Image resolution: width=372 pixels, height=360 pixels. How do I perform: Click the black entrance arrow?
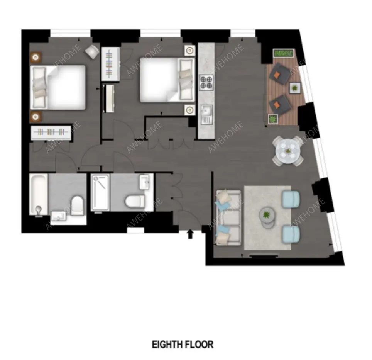[x=190, y=234]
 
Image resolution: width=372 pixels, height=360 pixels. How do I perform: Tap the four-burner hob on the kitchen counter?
[x=206, y=82]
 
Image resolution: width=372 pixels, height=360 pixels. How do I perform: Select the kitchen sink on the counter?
[x=206, y=115]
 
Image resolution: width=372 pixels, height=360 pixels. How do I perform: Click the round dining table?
[x=288, y=151]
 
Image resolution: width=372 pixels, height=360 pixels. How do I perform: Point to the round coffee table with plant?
[x=267, y=216]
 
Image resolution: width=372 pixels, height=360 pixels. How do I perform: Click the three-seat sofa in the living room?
[x=228, y=217]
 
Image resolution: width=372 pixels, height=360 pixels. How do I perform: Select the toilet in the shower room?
[x=135, y=202]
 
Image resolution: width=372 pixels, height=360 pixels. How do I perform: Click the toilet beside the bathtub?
[x=77, y=205]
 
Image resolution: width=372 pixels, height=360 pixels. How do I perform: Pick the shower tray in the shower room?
[x=100, y=192]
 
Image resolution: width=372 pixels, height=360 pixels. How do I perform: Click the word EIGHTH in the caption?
[x=168, y=344]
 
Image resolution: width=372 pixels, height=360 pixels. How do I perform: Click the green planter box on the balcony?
[x=283, y=53]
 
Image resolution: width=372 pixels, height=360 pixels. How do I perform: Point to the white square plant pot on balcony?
[x=295, y=88]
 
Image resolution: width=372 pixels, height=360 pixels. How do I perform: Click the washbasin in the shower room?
[x=144, y=182]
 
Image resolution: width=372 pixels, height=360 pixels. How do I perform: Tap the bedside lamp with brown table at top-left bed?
[x=36, y=57]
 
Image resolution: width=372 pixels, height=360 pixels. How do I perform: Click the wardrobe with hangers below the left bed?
[x=51, y=132]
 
